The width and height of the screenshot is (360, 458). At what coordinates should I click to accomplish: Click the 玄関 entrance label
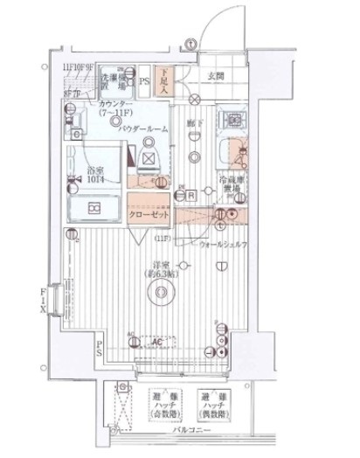(215, 76)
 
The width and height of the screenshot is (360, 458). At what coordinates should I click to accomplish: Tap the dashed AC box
(157, 342)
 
